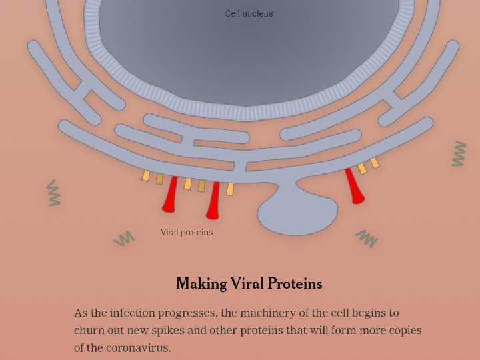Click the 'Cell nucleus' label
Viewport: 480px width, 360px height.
[249, 13]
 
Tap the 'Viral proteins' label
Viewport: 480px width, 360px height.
[187, 232]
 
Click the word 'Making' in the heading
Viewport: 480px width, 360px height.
[201, 284]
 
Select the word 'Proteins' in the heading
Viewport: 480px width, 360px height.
[295, 283]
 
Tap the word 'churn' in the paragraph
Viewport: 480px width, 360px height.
[86, 330]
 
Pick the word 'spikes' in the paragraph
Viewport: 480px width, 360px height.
[167, 331]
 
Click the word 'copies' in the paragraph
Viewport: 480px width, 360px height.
[405, 331]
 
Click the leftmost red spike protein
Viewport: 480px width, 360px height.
[170, 195]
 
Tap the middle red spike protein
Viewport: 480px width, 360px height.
[214, 201]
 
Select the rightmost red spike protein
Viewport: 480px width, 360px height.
[354, 186]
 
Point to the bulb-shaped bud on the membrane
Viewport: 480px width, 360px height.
[297, 211]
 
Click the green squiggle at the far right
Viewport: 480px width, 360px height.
[459, 153]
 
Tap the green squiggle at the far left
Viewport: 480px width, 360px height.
[54, 193]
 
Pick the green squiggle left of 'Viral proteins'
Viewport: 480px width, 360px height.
[124, 239]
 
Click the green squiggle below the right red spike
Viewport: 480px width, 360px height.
[367, 239]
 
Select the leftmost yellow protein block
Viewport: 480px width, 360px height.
[146, 176]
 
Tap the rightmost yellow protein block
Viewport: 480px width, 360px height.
[375, 163]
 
